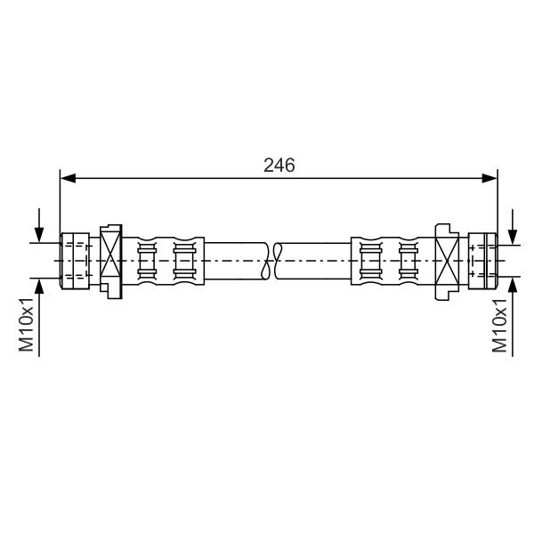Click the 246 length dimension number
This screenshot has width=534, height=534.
tap(279, 166)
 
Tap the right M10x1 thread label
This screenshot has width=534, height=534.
tap(499, 325)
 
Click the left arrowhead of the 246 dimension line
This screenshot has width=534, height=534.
tap(68, 178)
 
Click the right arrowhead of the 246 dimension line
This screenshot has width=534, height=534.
tap(489, 178)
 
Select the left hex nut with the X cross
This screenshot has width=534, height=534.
tap(111, 262)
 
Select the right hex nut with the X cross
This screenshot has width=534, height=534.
tap(447, 262)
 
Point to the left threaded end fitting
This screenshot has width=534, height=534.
tap(75, 261)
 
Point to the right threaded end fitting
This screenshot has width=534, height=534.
tap(483, 261)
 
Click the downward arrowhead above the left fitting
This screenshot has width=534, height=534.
tap(39, 235)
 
